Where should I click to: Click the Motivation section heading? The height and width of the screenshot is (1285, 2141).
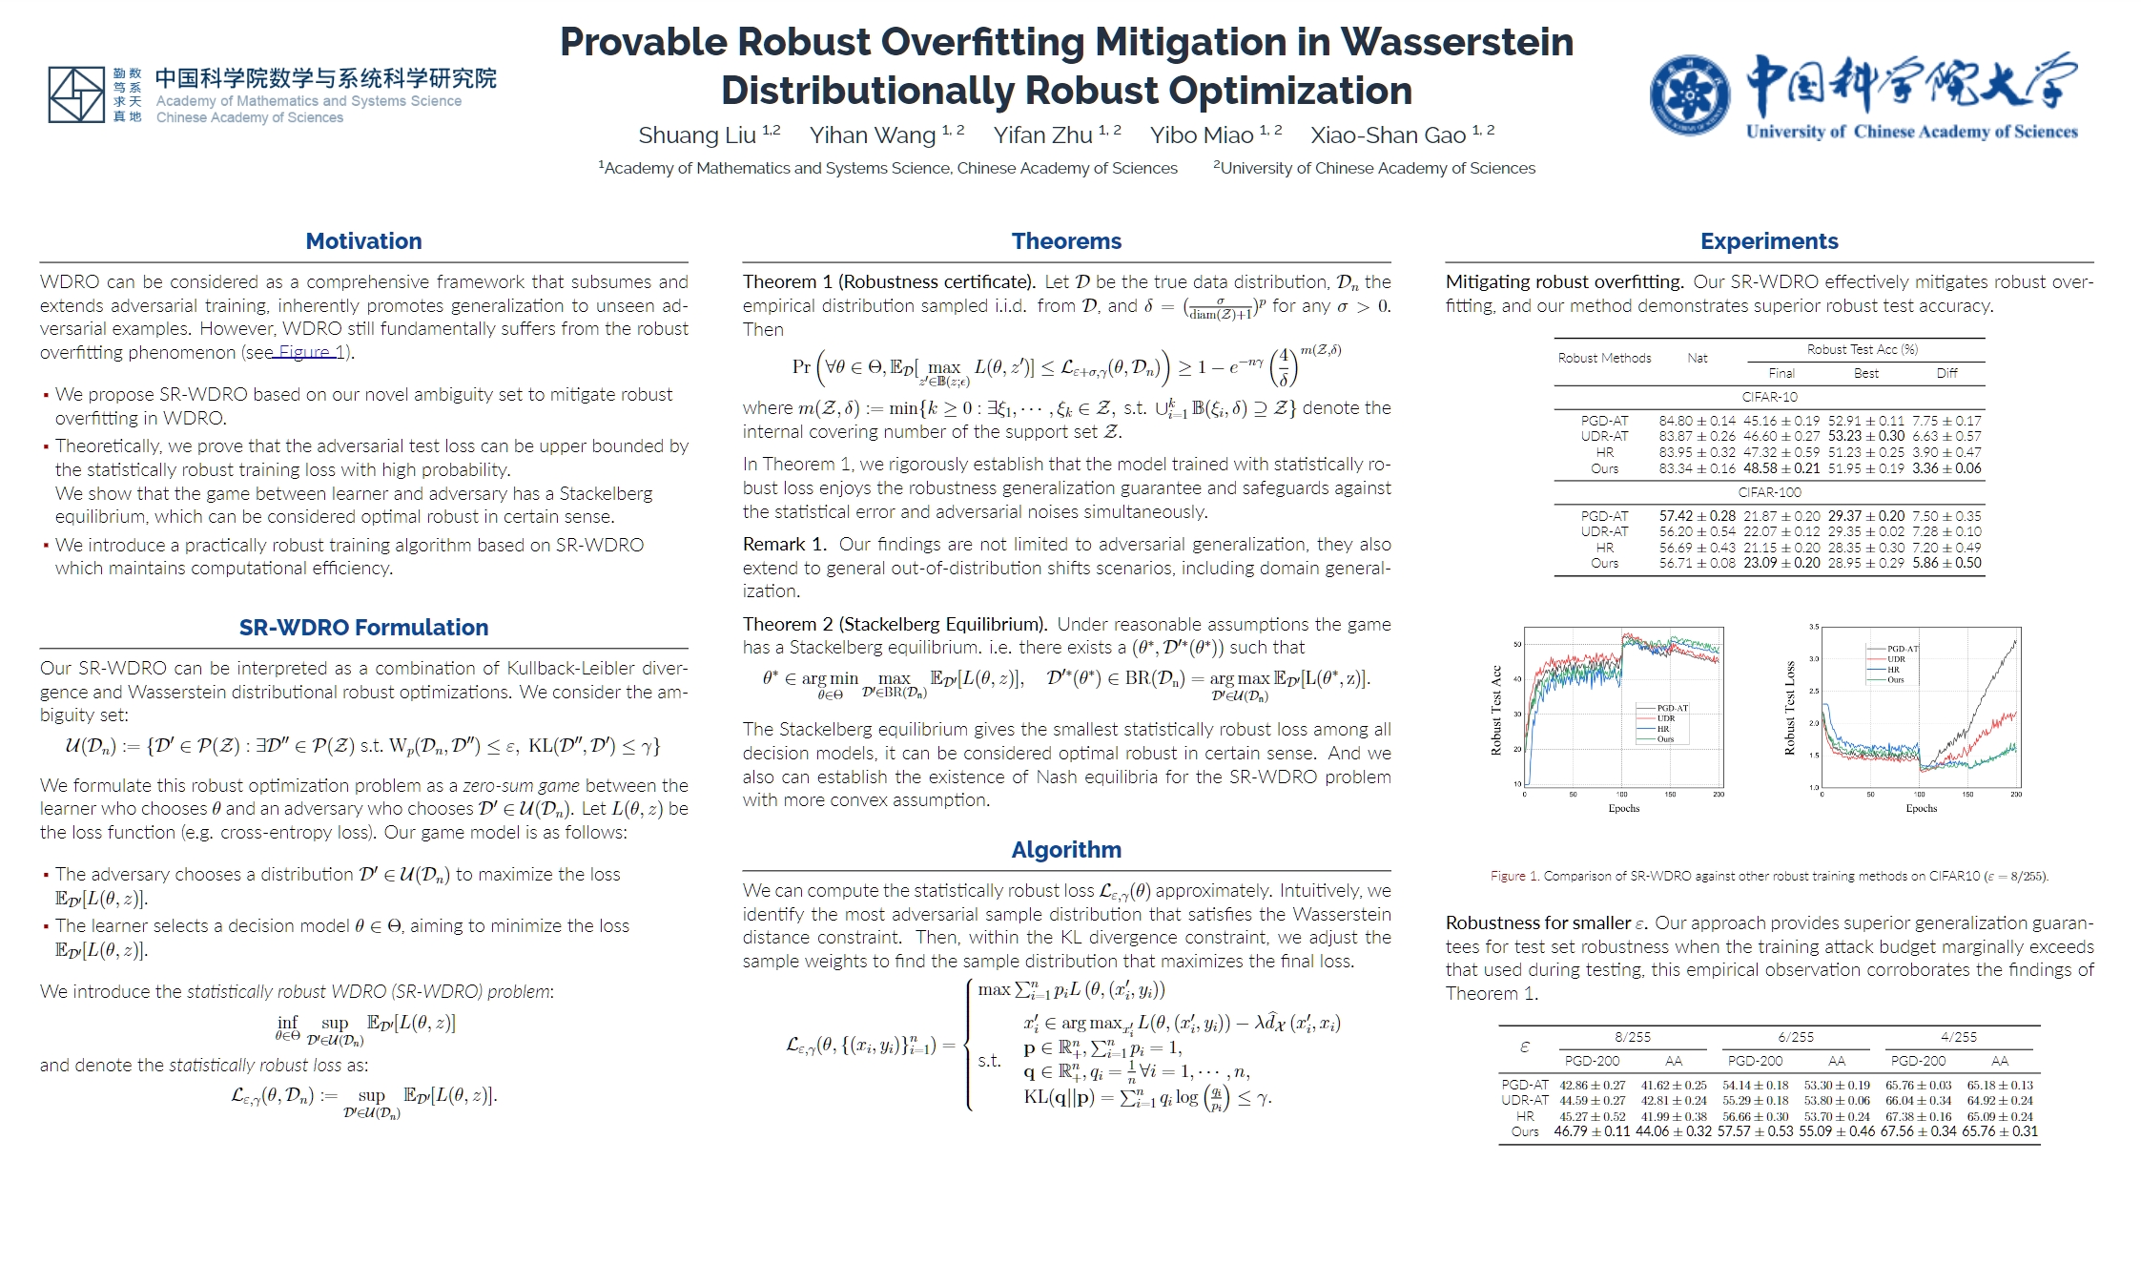pos(363,241)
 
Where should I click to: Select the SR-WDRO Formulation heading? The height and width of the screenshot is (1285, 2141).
pos(363,628)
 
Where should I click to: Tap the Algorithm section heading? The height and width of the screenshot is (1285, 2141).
pos(1066,850)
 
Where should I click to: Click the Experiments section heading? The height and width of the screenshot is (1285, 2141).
pos(1769,241)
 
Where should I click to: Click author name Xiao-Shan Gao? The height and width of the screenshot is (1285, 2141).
pos(1388,135)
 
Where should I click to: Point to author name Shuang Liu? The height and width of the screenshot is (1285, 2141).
pos(697,135)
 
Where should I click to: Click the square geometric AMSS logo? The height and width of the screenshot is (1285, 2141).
pos(76,94)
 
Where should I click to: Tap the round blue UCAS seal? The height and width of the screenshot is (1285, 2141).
pos(1690,94)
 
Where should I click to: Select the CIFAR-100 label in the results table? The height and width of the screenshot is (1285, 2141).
pos(1769,492)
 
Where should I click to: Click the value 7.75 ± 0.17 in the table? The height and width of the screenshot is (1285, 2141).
pos(1946,421)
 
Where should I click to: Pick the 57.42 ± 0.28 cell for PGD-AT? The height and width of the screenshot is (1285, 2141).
pos(1697,516)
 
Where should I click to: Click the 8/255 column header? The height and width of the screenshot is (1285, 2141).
pos(1633,1037)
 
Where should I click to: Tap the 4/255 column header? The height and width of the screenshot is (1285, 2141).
pos(1959,1037)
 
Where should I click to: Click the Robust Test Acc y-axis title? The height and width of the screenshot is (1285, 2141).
pos(1496,710)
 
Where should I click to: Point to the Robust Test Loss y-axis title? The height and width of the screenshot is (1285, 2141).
pos(1789,708)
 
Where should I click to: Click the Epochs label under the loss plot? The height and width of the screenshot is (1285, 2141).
pos(1921,808)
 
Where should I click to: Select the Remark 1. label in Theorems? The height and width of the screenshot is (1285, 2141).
pos(784,545)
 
